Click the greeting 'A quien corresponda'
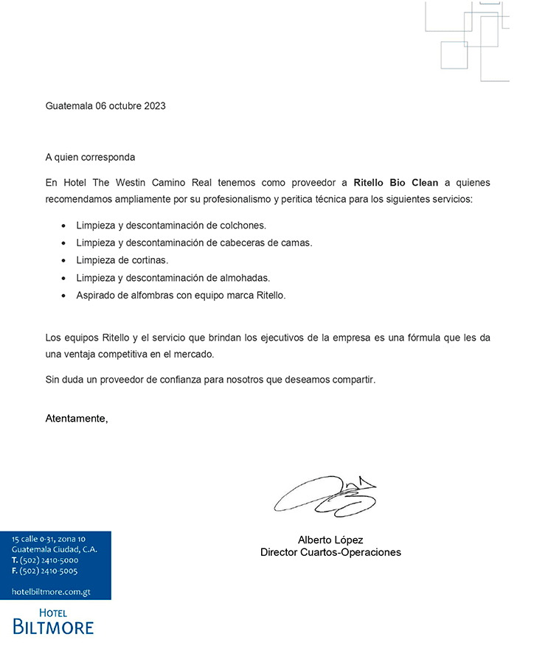coord(90,157)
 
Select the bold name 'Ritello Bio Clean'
coord(396,182)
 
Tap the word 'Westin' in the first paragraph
coord(133,182)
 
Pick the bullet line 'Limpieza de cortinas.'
coord(122,260)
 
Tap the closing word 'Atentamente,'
coord(77,419)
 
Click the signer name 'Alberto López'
coord(330,540)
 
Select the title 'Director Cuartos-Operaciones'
coord(330,552)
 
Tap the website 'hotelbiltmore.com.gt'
coord(51,592)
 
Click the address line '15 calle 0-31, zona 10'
coord(49,540)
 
